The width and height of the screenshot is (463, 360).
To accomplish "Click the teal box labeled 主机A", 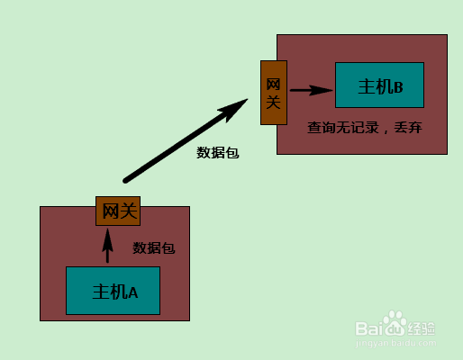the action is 113,291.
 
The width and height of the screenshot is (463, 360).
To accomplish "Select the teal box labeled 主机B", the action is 379,85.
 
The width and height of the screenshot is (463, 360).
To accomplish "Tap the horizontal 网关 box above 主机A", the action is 118,211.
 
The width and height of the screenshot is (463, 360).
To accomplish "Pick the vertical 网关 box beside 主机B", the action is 274,93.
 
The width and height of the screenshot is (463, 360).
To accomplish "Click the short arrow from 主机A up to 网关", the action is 107,246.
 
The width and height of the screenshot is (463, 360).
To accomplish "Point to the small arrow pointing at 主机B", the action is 312,90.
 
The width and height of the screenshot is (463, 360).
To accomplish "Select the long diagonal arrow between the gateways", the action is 186,140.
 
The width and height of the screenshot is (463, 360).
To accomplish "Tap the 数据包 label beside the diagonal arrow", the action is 218,153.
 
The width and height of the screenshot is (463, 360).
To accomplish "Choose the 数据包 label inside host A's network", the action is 154,248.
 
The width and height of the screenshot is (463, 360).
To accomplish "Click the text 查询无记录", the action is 343,128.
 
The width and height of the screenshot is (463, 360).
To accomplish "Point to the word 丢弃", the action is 408,128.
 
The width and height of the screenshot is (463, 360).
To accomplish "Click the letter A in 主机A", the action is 133,292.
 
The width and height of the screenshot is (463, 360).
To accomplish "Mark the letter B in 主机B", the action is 398,87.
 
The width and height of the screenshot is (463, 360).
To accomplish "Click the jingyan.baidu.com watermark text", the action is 395,343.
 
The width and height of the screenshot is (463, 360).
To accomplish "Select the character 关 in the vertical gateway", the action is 273,102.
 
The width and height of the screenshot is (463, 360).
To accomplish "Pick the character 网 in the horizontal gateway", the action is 111,211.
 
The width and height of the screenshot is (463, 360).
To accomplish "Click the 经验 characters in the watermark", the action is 421,328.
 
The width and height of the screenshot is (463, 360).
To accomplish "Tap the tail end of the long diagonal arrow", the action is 125,181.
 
